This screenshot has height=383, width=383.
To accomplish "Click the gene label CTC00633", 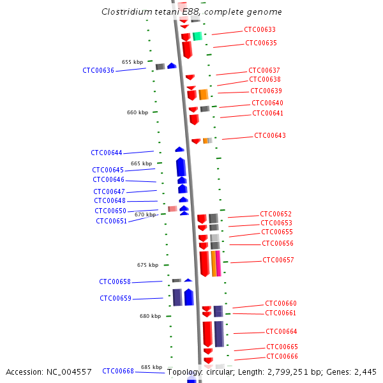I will [260, 29].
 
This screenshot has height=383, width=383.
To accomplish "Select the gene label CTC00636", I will [98, 70].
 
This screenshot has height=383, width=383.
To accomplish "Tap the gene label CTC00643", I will [270, 135].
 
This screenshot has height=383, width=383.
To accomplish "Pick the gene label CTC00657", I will [278, 260].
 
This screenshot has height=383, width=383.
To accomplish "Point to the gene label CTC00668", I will [118, 371].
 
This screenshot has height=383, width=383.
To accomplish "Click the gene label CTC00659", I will [116, 298].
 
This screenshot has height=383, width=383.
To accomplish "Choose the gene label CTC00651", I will [112, 221].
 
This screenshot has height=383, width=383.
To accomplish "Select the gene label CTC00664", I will [282, 331].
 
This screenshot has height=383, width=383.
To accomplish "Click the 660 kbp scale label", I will [137, 112].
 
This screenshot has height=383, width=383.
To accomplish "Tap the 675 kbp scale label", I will [147, 265].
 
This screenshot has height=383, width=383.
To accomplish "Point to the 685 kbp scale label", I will [151, 367].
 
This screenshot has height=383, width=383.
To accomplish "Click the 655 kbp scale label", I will [132, 62].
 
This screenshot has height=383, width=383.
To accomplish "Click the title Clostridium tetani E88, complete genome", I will [191, 12].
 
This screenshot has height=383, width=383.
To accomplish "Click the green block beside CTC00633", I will [197, 36].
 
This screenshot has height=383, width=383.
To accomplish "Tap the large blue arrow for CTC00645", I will [181, 167].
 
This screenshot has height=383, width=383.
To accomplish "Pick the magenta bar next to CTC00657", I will [218, 263].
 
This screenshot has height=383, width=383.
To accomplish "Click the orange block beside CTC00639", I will [204, 94].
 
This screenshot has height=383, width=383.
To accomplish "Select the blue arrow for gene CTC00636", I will [172, 66].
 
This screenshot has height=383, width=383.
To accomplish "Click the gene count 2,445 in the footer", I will [363, 372].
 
